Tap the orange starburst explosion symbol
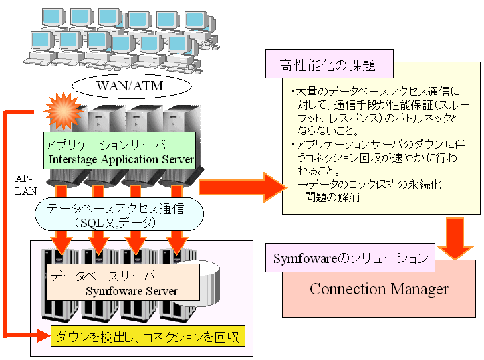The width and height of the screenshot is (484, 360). click(65, 110)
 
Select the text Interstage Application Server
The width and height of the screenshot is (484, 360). click(121, 159)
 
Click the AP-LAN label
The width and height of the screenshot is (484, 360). click(23, 184)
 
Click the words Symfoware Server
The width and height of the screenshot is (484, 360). click(132, 291)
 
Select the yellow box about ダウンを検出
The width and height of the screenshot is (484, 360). click(148, 335)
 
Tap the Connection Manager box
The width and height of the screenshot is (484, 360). click(378, 289)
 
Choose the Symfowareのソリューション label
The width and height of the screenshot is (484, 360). click(350, 258)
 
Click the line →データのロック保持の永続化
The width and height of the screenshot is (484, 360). click(373, 184)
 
